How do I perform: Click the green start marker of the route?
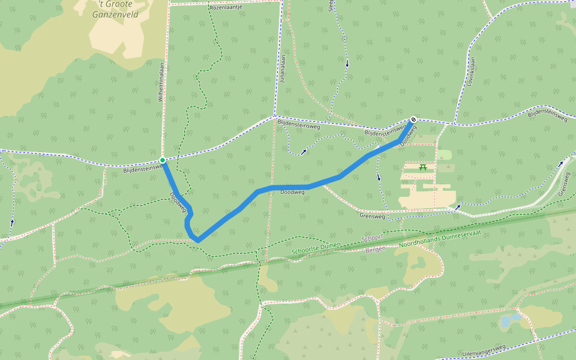(163, 160)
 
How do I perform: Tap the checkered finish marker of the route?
(413, 119)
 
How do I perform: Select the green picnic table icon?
(424, 167)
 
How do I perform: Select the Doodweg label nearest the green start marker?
(178, 202)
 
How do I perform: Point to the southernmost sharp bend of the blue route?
(197, 240)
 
